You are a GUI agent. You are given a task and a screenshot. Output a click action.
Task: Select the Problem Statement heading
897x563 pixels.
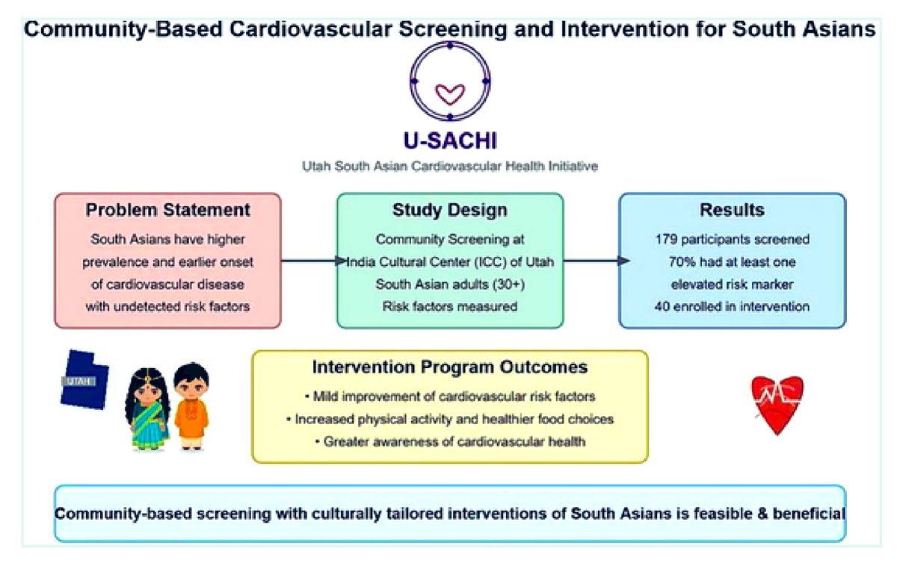click(x=167, y=211)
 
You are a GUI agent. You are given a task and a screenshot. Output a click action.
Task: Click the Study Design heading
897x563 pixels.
click(x=450, y=211)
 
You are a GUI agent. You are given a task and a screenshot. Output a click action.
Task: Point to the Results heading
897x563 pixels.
click(x=732, y=211)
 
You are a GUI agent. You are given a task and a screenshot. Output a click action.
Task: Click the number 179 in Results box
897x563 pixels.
click(x=665, y=240)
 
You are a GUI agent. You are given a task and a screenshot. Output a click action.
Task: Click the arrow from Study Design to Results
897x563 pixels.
click(x=594, y=261)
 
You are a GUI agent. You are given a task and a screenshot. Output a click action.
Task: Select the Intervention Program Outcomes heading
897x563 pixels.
click(x=449, y=368)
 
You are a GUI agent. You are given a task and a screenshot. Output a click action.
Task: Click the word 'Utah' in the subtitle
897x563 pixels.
click(x=317, y=167)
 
